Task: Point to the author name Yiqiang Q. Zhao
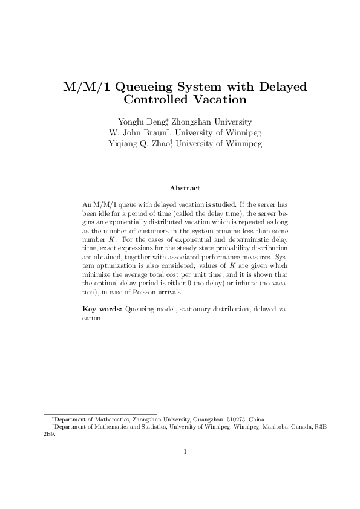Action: (x=139, y=144)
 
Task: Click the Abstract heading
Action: (x=185, y=189)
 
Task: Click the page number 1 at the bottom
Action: (x=185, y=452)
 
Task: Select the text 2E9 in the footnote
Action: (x=41, y=433)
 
